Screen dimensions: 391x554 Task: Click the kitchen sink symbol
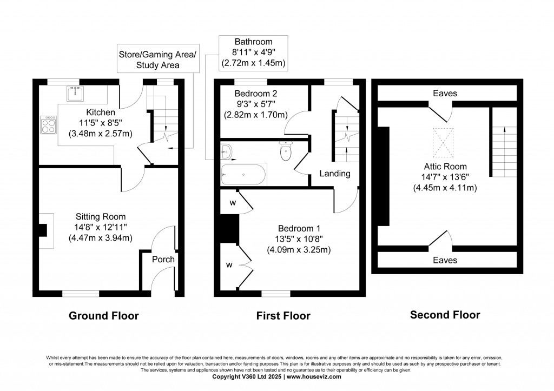[73, 94]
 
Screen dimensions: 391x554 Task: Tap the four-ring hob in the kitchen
[48, 124]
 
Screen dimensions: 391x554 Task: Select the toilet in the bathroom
[286, 151]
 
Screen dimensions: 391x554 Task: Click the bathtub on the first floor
[243, 175]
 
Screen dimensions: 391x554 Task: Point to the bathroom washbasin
[226, 152]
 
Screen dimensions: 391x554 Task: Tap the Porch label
[163, 259]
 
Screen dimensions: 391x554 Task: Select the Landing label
[335, 174]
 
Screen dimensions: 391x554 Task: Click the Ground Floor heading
[103, 315]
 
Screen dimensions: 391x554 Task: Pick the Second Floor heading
[445, 314]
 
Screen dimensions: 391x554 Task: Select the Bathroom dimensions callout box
[253, 53]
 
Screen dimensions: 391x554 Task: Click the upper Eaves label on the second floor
[445, 94]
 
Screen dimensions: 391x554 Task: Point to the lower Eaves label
[445, 260]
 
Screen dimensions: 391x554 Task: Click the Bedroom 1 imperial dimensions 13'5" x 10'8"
[299, 238]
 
